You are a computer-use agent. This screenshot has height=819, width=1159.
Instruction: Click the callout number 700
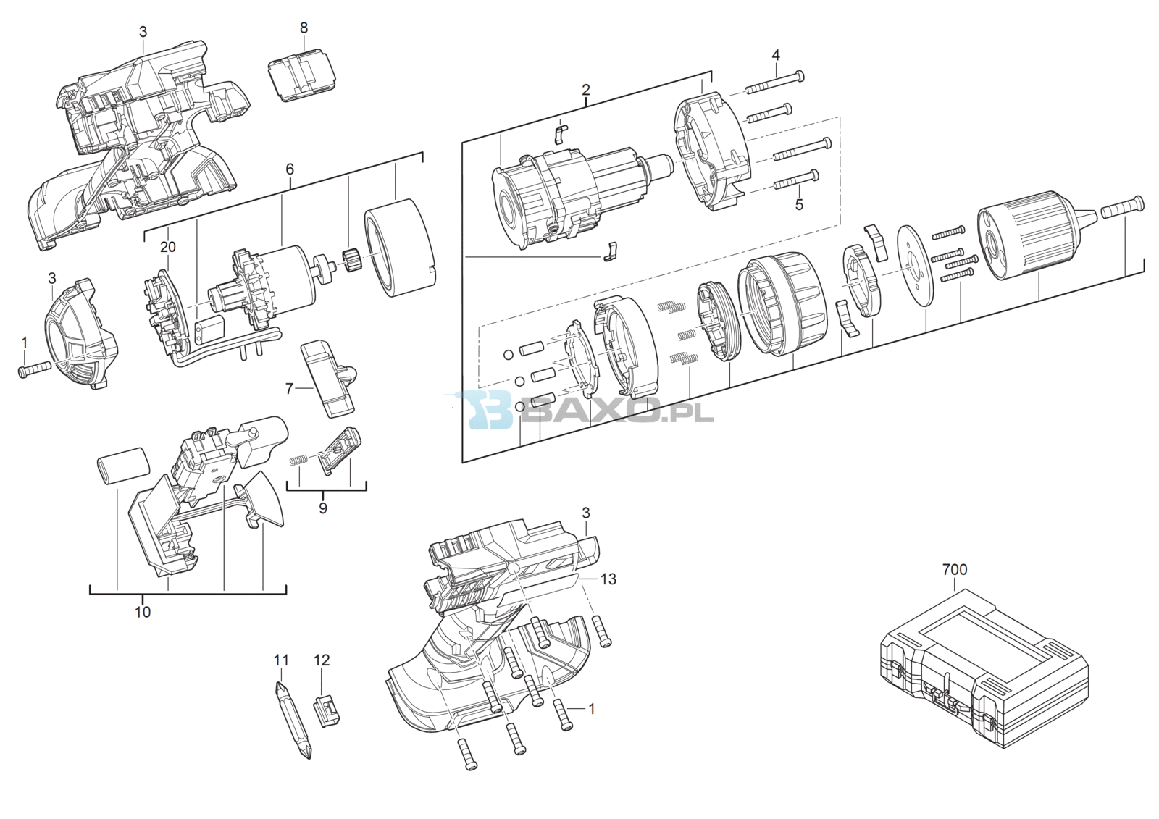point(955,570)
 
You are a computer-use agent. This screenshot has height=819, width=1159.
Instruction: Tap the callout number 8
point(304,28)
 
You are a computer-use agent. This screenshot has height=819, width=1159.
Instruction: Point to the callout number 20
point(167,248)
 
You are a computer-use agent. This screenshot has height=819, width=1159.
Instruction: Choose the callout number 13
point(608,579)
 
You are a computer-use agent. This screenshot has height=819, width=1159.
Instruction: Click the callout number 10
point(143,612)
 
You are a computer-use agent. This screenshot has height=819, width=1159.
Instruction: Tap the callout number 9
point(323,508)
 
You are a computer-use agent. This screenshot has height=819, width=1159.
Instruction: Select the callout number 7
point(290,388)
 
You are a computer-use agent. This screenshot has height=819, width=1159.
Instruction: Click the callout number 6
point(290,169)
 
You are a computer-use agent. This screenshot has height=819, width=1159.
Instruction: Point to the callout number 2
point(586,90)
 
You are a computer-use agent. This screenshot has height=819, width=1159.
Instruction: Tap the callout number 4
point(776,55)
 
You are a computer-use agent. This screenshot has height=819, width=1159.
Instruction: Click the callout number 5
point(800,205)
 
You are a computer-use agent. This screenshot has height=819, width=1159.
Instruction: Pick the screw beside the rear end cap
point(34,369)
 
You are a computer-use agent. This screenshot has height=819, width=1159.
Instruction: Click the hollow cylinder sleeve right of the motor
point(401,248)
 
